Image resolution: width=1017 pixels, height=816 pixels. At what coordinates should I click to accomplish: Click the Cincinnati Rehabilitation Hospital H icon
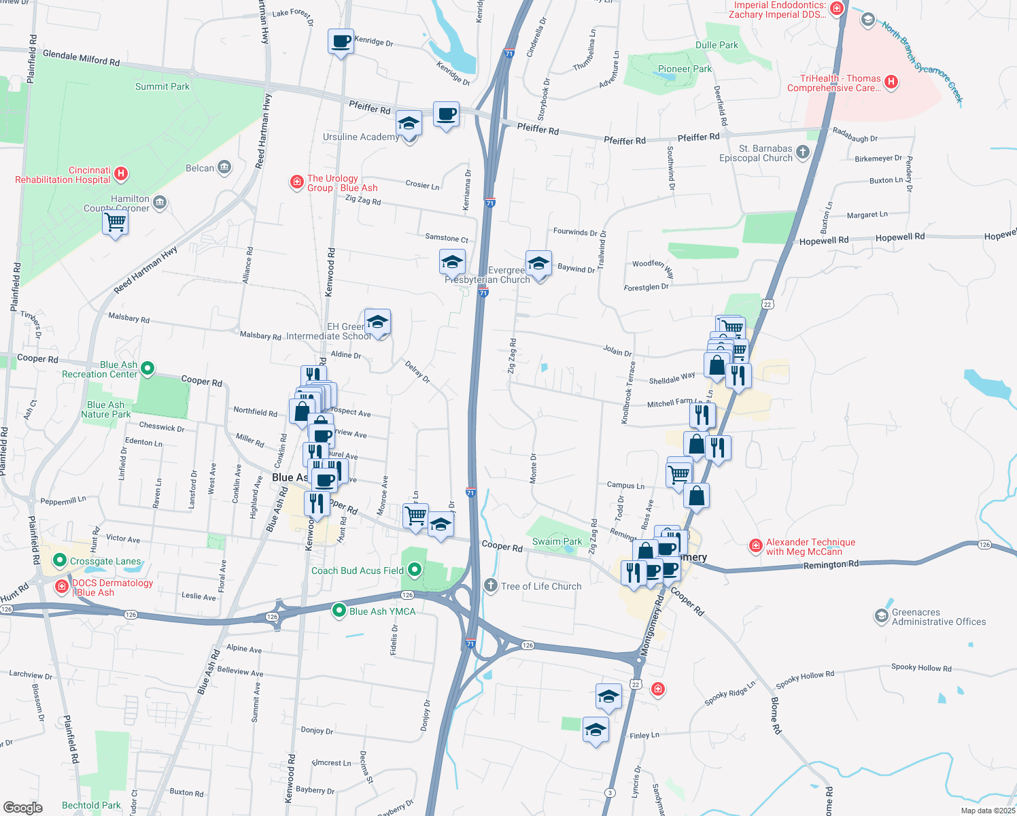point(121,173)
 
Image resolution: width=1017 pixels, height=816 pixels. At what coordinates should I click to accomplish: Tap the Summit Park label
point(162,86)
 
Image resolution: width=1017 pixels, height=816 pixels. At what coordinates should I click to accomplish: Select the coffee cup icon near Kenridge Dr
point(341,41)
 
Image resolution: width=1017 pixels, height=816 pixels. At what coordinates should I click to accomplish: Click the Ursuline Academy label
point(361,137)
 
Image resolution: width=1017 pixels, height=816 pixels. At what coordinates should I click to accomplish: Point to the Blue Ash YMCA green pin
point(339,611)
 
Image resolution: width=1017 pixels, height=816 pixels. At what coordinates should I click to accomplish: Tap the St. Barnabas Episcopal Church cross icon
point(803,152)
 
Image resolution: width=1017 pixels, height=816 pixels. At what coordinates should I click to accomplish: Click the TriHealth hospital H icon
point(891,82)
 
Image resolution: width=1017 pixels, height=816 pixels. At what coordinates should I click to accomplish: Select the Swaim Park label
point(557,541)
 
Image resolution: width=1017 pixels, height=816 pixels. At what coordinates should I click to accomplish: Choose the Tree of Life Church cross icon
point(491,585)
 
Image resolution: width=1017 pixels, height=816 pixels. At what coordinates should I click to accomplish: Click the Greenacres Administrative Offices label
point(938,617)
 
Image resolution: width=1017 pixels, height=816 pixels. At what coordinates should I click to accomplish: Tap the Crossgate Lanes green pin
point(60,560)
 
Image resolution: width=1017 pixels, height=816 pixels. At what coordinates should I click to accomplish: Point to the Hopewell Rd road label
point(823,241)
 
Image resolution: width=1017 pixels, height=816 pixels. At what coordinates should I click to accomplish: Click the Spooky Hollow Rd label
point(921,667)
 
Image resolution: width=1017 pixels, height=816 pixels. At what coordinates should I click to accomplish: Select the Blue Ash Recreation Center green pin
point(148,369)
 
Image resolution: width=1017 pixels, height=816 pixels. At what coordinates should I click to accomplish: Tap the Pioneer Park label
point(685,69)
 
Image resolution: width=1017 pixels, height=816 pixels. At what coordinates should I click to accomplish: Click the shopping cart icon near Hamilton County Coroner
point(116,222)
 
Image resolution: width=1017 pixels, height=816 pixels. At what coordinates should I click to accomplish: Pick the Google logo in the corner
point(23,807)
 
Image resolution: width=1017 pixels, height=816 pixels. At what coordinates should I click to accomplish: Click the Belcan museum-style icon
point(224,167)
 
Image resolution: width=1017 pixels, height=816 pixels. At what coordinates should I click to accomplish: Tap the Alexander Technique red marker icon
point(755,545)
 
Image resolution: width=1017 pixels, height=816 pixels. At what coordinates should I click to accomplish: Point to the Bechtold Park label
point(91,805)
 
